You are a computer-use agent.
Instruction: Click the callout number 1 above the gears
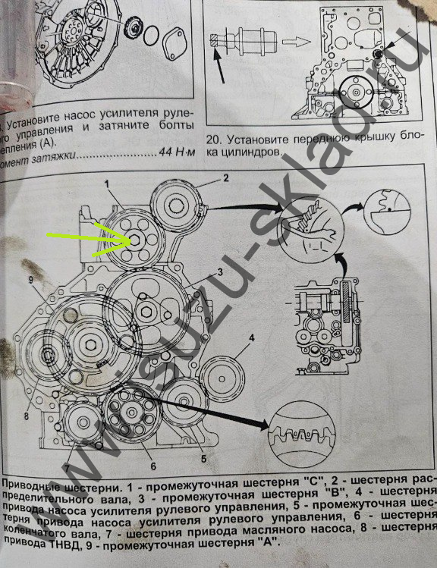pyautogui.click(x=108, y=184)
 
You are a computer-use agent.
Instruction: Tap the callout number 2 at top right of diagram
pyautogui.click(x=225, y=179)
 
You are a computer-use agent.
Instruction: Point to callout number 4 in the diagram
pyautogui.click(x=250, y=336)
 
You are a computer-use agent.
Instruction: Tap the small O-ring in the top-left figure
pyautogui.click(x=152, y=34)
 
